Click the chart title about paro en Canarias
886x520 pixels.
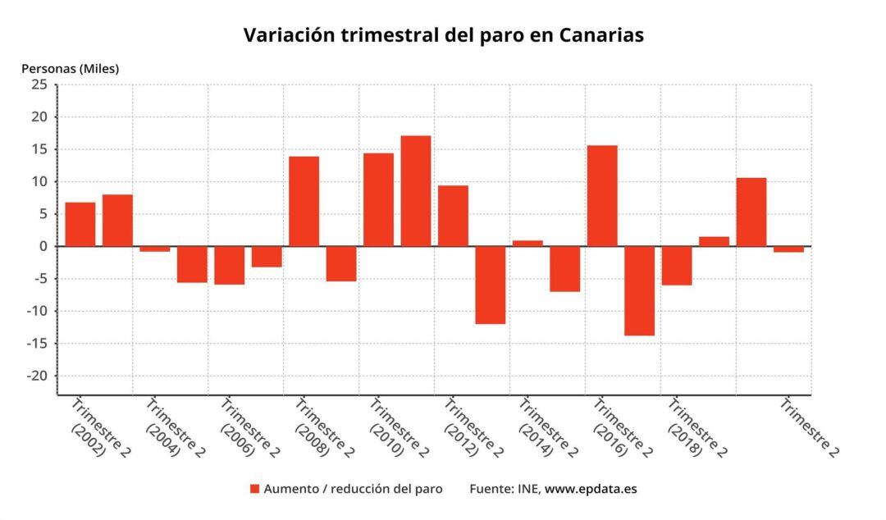point(443,35)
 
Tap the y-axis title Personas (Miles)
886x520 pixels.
point(70,69)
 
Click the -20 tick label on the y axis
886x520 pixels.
point(37,376)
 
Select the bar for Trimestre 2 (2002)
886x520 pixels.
point(80,224)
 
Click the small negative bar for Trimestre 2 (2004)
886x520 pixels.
point(154,249)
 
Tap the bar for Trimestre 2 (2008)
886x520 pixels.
point(304,201)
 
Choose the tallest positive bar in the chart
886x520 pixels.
point(416,191)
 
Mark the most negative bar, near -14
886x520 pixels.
point(639,290)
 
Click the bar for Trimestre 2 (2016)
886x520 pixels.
point(602,196)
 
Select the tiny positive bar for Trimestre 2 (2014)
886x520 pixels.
point(527,243)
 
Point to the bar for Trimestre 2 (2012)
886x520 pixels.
point(453,216)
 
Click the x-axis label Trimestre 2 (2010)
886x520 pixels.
point(397,427)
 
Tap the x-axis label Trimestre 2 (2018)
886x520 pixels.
point(696,427)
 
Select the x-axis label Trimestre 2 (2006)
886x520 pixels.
point(249,427)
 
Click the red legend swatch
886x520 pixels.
point(254,489)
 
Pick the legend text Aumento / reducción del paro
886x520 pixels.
point(353,489)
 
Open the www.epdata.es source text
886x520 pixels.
point(591,489)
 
